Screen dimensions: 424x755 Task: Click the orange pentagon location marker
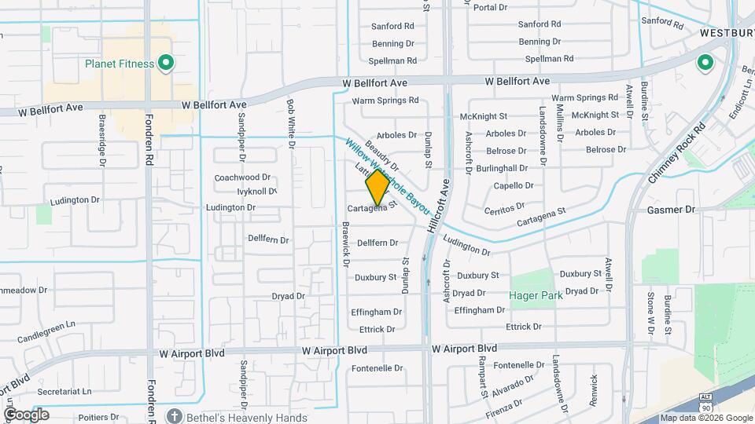point(377,187)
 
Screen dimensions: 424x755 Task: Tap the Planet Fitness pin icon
point(165,63)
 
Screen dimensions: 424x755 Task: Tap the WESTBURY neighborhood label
point(727,35)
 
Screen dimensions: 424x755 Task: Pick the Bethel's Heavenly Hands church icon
point(175,417)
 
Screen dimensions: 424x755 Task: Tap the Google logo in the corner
point(27,414)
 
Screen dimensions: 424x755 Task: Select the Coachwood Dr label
point(242,177)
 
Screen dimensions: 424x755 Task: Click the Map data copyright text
point(705,418)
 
